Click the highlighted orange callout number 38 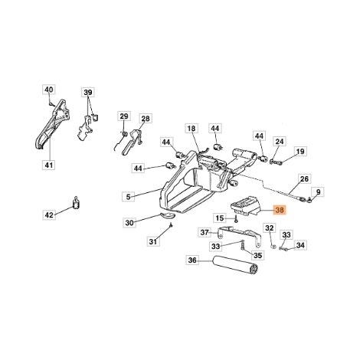[x=280, y=211]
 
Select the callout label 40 [x=49, y=90]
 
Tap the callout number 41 [x=49, y=165]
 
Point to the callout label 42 [x=49, y=214]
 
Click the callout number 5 [x=129, y=197]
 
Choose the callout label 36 [x=192, y=260]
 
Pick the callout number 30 [x=129, y=223]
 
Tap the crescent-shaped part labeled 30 [x=168, y=215]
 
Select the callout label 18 [x=191, y=128]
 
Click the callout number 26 [x=304, y=178]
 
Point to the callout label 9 [x=318, y=191]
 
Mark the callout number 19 [x=300, y=152]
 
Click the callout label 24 [x=280, y=142]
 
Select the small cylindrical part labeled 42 [x=76, y=203]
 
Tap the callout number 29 [x=124, y=116]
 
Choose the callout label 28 [x=146, y=119]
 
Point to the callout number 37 [x=205, y=232]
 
